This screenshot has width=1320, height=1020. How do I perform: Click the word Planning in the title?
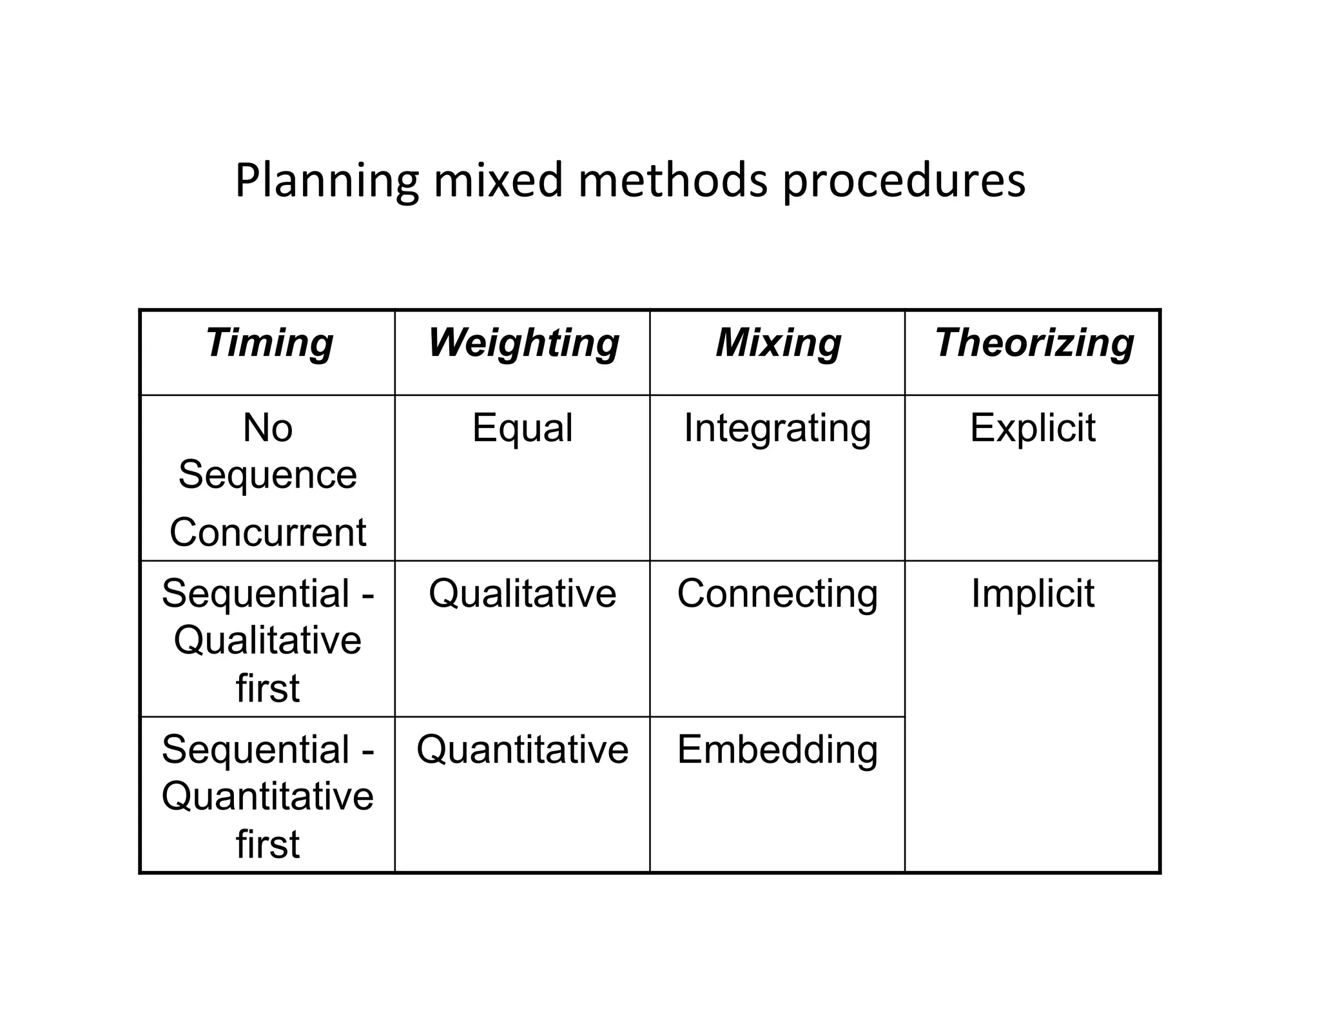point(327,181)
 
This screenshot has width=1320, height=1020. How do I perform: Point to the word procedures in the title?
point(904,181)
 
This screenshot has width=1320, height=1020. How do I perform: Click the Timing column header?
point(269,342)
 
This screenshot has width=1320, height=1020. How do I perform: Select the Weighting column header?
point(523,342)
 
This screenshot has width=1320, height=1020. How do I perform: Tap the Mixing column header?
point(778,342)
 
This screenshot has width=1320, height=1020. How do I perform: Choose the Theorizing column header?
point(1034,342)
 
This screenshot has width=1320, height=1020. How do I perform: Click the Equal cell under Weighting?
point(522,427)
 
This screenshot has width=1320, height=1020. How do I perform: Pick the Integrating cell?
point(777,429)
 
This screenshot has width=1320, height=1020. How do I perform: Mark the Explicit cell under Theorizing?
point(1033,427)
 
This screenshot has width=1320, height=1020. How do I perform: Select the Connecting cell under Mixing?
point(777,594)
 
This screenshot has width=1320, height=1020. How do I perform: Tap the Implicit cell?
point(1033,594)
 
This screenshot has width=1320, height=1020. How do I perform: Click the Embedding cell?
point(777,750)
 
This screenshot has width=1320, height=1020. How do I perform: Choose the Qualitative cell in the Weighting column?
point(522,594)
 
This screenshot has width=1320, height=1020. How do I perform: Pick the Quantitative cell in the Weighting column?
point(522,750)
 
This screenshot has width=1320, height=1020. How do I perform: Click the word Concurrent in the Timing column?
point(267,533)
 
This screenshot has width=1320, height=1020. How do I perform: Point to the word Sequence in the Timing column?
point(267,476)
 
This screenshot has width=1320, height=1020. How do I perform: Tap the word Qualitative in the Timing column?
point(267,641)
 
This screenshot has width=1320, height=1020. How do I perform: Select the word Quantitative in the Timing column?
point(267,797)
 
